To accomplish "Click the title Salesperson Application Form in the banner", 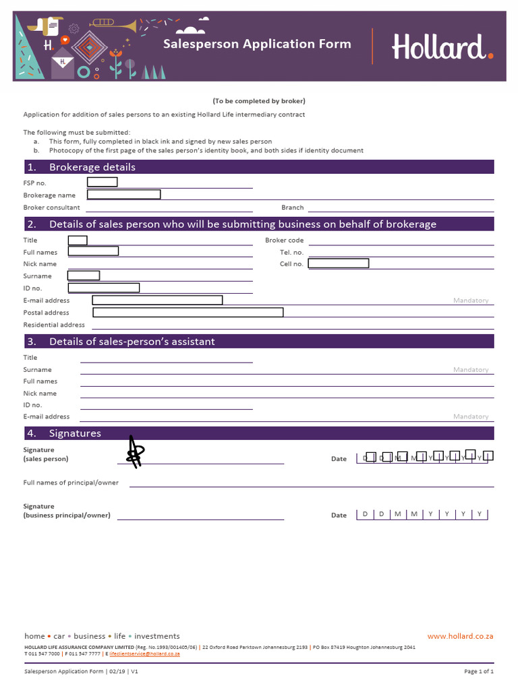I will click(257, 44).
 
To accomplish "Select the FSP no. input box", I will click(103, 182).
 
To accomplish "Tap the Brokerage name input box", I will click(124, 195).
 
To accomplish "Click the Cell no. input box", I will click(339, 263).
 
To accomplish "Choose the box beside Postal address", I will click(188, 312).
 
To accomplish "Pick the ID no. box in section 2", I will click(104, 288).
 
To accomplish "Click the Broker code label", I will click(284, 240).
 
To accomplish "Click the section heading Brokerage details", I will click(92, 167).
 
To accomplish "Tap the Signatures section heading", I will click(75, 433).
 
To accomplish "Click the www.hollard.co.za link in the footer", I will click(461, 636).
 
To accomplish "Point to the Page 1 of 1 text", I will click(479, 672).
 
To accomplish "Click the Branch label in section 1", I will click(293, 208).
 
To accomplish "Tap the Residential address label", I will click(54, 325).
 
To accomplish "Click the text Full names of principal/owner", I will click(71, 482).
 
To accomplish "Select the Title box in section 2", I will click(78, 241).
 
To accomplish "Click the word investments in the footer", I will click(157, 636).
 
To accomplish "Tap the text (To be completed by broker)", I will click(259, 101).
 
